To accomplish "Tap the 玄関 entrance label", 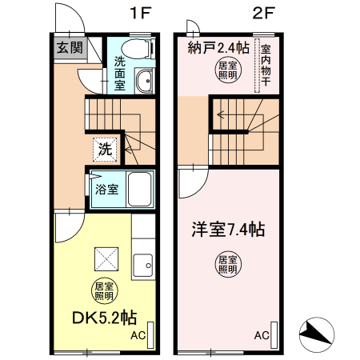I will [x=69, y=47].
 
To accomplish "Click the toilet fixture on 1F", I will [x=142, y=49].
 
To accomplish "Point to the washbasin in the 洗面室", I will [x=144, y=81].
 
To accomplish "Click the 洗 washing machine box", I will [x=105, y=147].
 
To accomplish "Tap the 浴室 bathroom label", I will [x=107, y=190].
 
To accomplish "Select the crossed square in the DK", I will [x=106, y=258].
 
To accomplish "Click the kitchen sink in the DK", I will [x=146, y=262].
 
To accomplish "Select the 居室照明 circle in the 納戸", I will [x=227, y=69].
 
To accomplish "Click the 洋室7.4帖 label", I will [x=227, y=230].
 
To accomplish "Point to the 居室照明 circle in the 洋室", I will [x=227, y=263].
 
